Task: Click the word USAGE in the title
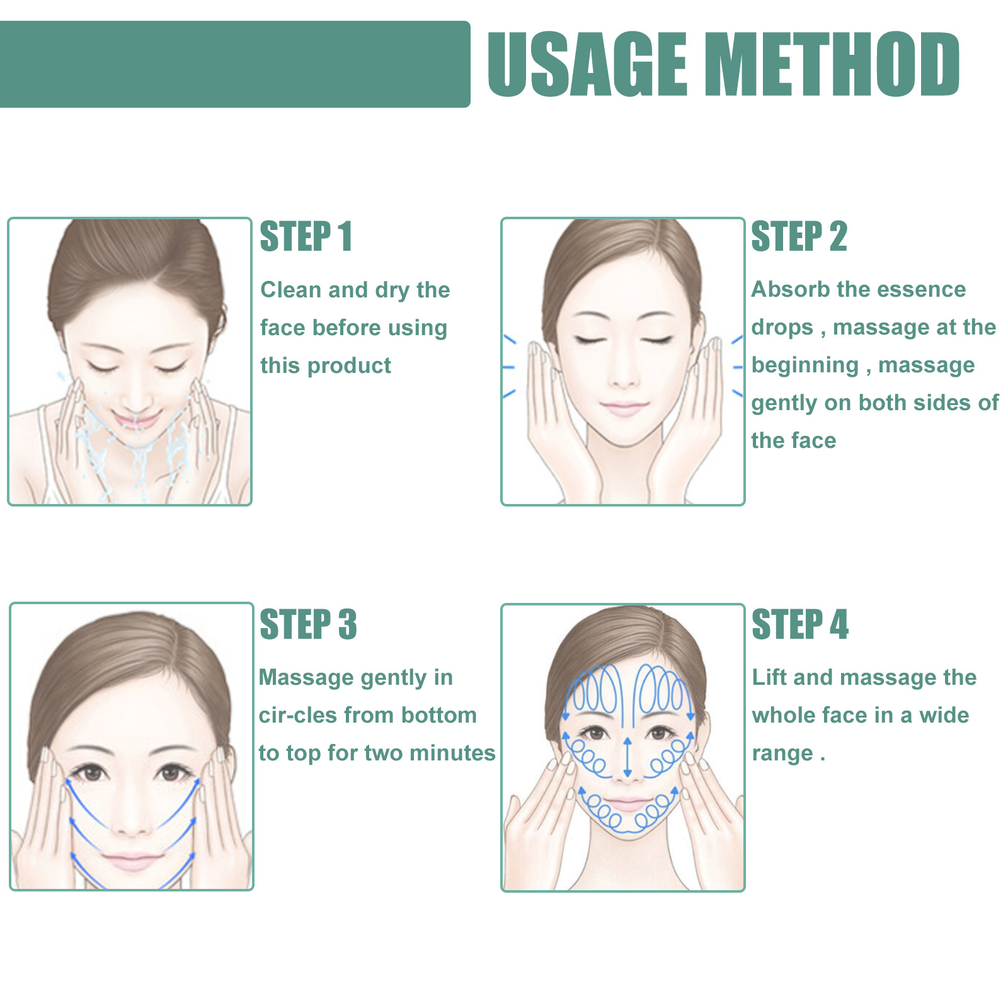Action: point(587,64)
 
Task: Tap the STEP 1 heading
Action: point(306,237)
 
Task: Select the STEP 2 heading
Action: point(799,237)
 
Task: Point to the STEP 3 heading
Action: point(308,624)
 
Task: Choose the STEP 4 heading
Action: point(800,624)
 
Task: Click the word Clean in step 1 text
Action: point(291,290)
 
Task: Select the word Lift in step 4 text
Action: point(769,677)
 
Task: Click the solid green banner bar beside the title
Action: point(233,64)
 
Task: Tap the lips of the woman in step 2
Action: point(623,408)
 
